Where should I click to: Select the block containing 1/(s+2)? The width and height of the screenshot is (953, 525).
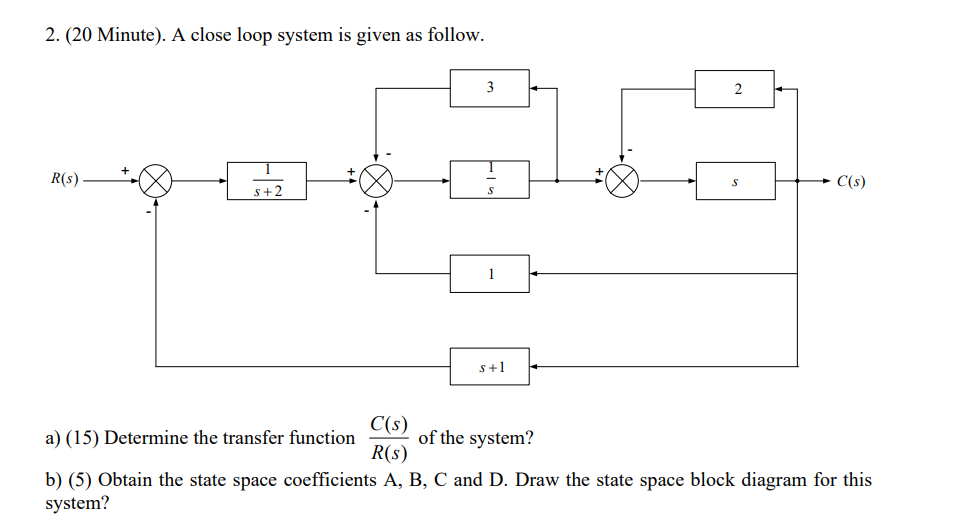[267, 181]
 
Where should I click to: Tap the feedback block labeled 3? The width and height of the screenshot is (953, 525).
[489, 88]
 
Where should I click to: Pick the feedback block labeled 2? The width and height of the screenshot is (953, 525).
[735, 89]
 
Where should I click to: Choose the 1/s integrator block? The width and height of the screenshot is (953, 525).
[489, 181]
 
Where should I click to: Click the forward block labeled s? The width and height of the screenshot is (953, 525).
[735, 181]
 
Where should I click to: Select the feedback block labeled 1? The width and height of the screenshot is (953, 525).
[489, 273]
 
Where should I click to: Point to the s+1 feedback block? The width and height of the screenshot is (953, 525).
[489, 367]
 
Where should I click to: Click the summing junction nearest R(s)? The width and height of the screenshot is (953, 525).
[155, 181]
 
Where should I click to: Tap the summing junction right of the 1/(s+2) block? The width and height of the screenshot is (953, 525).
[377, 181]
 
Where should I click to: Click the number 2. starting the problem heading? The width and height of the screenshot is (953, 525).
[52, 36]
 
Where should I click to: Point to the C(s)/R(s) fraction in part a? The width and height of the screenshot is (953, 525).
[386, 437]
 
